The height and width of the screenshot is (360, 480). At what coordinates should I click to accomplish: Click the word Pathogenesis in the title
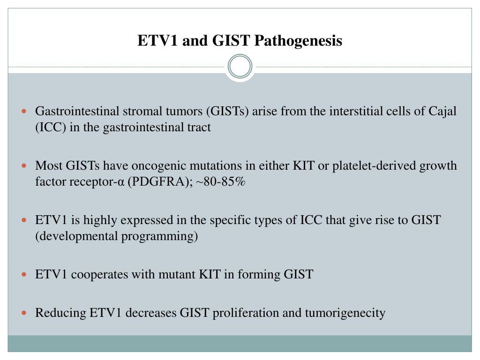point(299,41)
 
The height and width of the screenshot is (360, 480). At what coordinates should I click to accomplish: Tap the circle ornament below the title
point(240,66)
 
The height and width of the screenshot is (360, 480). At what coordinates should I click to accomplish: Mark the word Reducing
point(61,312)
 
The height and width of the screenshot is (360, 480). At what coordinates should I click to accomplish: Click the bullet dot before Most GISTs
point(26,166)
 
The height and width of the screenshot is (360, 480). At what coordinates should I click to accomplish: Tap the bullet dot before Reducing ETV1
point(26,312)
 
